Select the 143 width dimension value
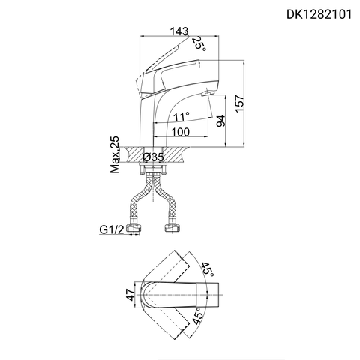[x=178, y=31]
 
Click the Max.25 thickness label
[x=115, y=155]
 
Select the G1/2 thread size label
[x=110, y=229]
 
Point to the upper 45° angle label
[x=208, y=268]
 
